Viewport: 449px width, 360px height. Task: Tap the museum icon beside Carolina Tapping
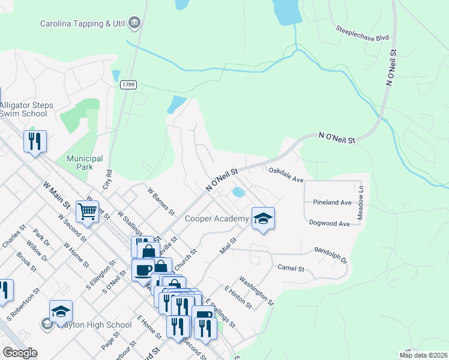135,24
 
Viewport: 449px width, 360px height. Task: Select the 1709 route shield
127,85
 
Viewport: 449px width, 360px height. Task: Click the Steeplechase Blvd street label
362,32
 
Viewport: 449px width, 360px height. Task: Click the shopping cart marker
88,211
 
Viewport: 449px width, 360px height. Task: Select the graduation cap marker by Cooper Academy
262,218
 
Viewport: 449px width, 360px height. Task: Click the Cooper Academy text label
216,218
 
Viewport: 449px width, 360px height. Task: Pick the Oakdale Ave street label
286,175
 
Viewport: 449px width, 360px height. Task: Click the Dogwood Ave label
329,223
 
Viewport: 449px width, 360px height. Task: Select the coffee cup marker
143,269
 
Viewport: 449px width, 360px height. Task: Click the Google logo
20,353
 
